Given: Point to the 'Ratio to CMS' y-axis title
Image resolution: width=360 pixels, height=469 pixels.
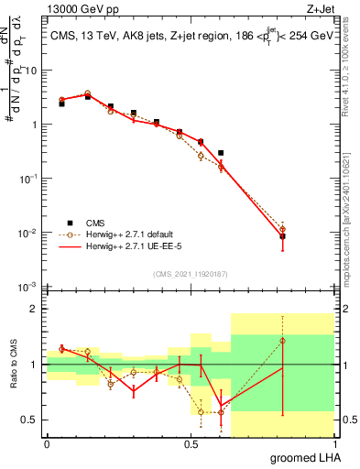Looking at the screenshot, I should [12, 380].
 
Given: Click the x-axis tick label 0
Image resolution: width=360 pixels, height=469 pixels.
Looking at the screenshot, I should [47, 444].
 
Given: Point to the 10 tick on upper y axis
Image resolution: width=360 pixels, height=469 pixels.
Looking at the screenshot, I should [33, 71].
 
